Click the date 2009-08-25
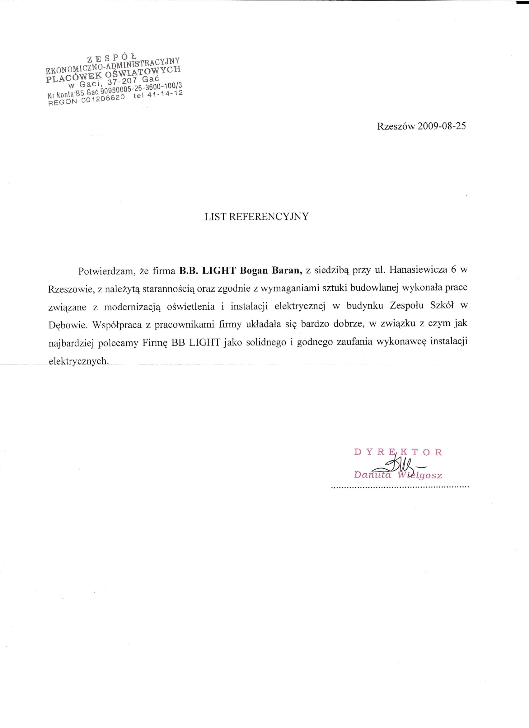441,126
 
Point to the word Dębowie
68,325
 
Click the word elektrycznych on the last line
79,361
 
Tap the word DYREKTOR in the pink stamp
398,452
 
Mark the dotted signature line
400,487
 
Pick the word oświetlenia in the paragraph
191,306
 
